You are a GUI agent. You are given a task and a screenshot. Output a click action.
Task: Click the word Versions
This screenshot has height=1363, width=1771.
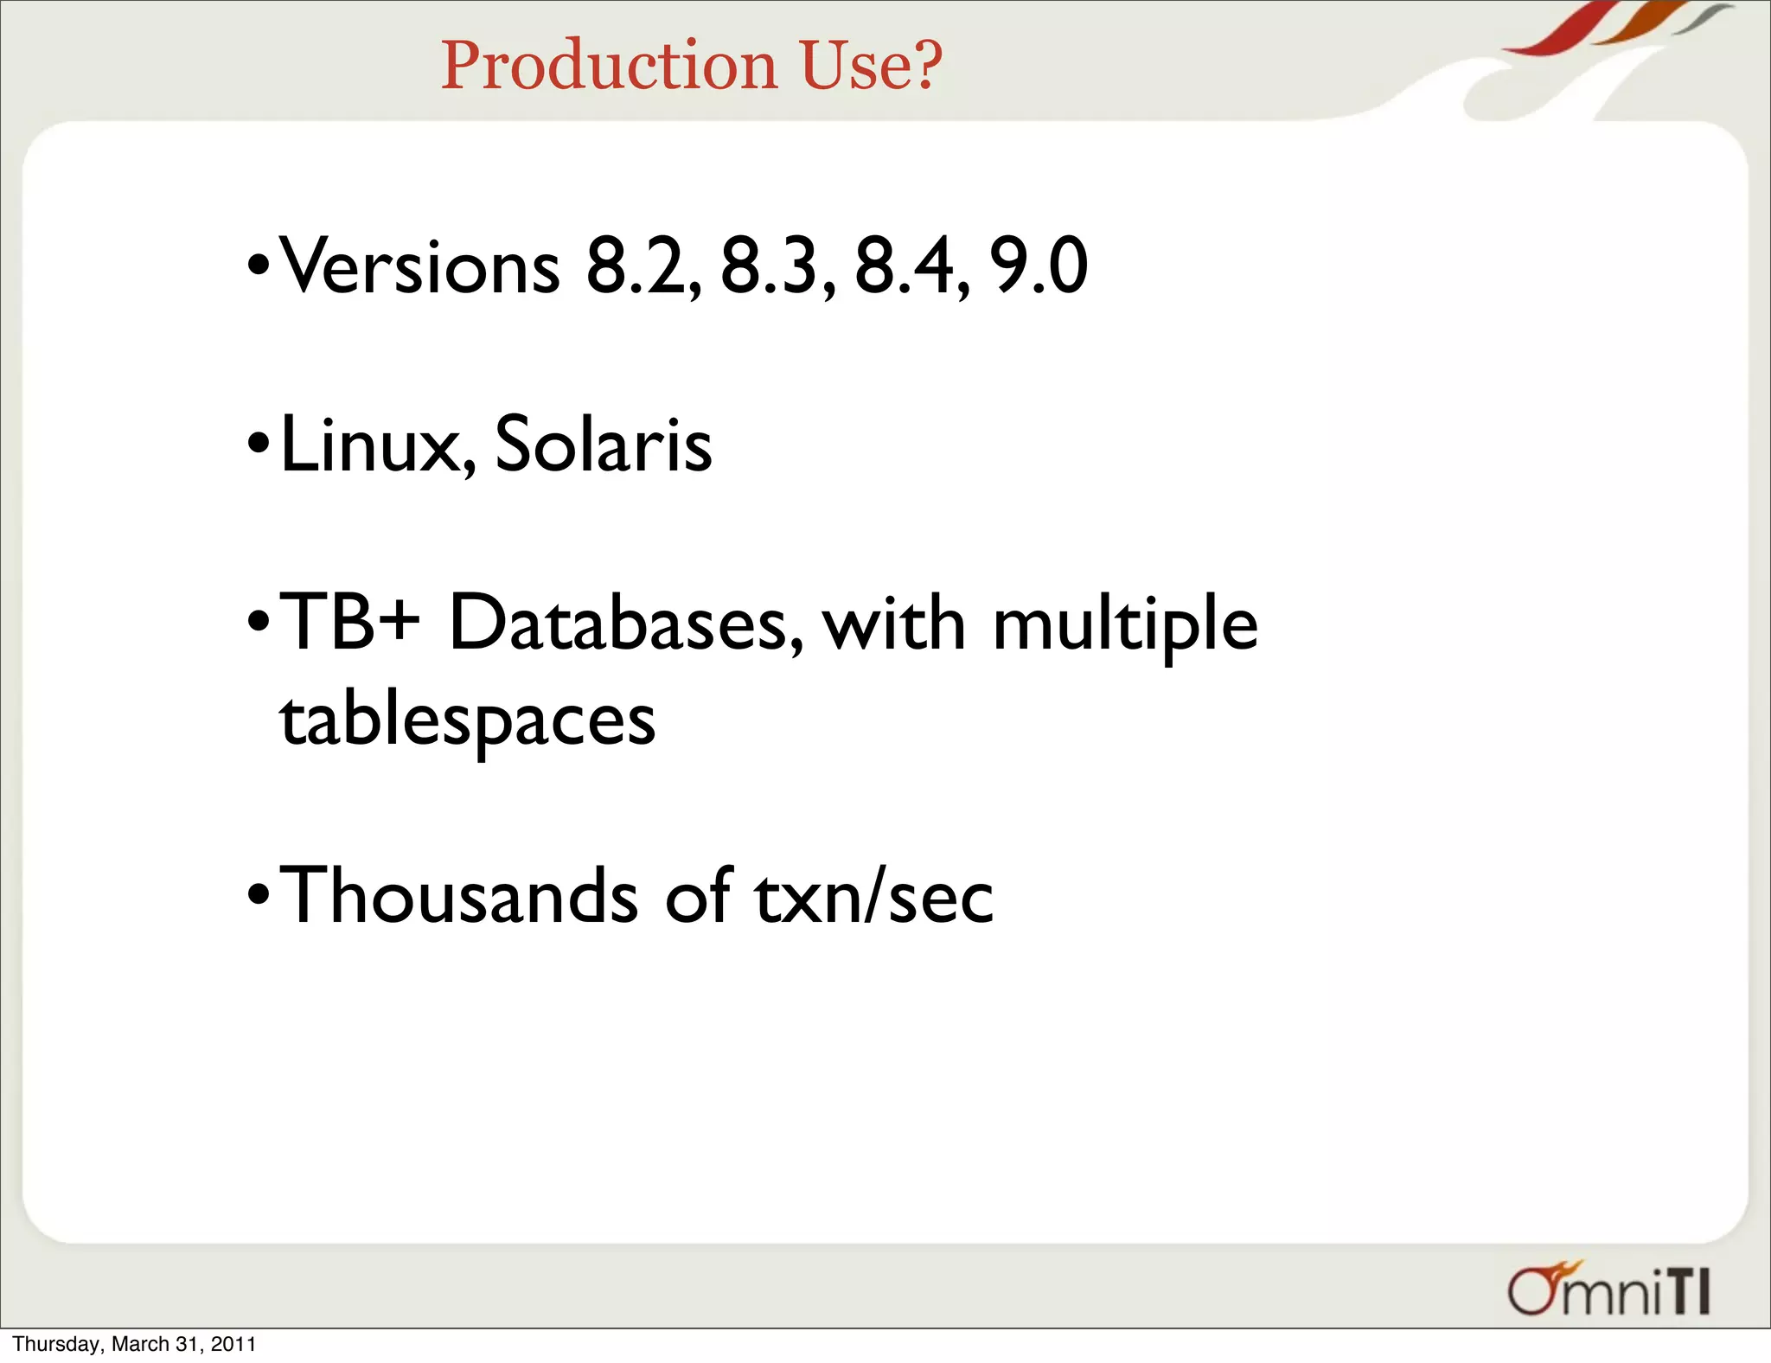(x=420, y=266)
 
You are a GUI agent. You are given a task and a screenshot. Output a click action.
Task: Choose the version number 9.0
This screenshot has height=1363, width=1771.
(x=1038, y=266)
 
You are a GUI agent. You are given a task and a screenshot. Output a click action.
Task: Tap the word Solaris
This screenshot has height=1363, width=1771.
(x=603, y=445)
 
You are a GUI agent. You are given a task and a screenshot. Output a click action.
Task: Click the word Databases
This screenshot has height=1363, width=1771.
(x=625, y=623)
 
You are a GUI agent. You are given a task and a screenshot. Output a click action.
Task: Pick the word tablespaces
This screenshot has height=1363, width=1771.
(x=467, y=720)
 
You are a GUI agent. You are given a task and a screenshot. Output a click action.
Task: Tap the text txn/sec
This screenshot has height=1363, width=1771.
(x=873, y=896)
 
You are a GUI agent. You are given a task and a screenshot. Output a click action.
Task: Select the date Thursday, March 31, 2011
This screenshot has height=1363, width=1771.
(x=134, y=1344)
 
